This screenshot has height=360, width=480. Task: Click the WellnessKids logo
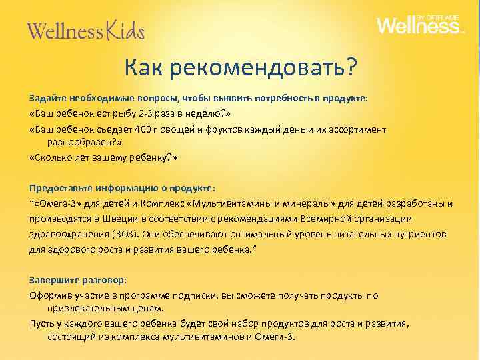click(x=85, y=30)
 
